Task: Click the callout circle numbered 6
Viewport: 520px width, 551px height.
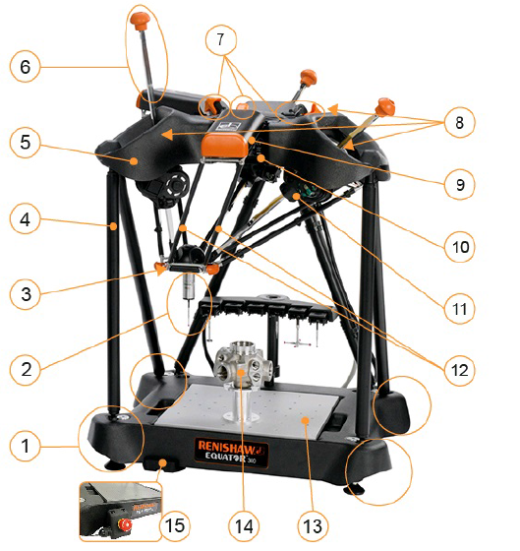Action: pos(25,67)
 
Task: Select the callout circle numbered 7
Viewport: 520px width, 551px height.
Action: pos(221,40)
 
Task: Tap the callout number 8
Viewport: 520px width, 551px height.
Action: pos(459,123)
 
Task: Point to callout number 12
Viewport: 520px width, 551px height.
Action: pos(459,370)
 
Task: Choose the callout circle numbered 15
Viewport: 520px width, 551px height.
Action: pos(175,526)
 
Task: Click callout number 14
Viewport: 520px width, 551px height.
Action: pos(244,526)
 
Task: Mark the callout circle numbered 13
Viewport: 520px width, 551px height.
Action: pos(313,526)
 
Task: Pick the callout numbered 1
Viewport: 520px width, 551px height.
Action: pos(25,447)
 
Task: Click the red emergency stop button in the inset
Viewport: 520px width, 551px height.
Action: pos(126,525)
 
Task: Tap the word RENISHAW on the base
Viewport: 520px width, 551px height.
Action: pos(231,447)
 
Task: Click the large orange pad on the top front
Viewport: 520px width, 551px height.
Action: pos(225,146)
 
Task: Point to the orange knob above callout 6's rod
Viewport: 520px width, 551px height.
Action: pos(140,20)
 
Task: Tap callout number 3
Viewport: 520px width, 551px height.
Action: pos(25,294)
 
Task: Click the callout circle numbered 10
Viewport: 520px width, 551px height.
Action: pos(459,247)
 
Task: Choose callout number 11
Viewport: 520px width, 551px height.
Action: pos(459,309)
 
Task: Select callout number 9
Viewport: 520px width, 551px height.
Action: pos(459,185)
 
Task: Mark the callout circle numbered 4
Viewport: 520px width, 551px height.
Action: pos(25,219)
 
